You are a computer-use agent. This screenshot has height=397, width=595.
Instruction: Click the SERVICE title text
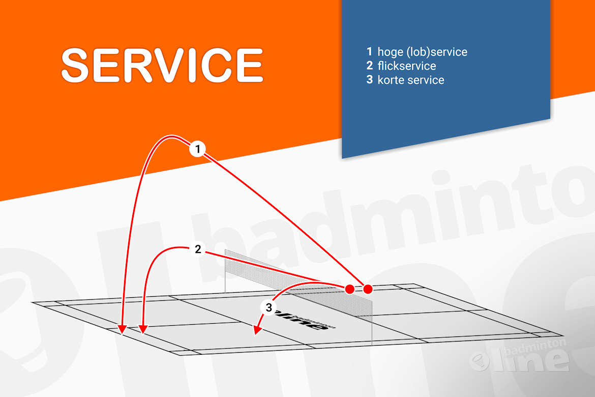pyautogui.click(x=162, y=65)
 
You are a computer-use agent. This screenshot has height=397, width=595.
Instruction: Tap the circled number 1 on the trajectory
pyautogui.click(x=197, y=149)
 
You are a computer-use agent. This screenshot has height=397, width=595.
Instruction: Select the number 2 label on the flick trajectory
pyautogui.click(x=198, y=249)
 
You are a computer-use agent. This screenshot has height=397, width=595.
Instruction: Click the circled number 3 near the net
pyautogui.click(x=269, y=307)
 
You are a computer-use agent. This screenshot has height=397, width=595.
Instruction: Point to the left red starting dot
pyautogui.click(x=349, y=289)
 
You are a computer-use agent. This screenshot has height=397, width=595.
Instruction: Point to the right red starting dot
pyautogui.click(x=368, y=289)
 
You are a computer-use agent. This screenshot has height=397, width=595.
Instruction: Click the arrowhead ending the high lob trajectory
pyautogui.click(x=122, y=330)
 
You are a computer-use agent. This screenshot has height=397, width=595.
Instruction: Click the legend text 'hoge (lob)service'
pyautogui.click(x=422, y=52)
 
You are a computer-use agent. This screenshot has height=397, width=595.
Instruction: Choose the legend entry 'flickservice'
pyautogui.click(x=406, y=66)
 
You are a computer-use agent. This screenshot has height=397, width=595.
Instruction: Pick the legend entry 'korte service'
pyautogui.click(x=410, y=80)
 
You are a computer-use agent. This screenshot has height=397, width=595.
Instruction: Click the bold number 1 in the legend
pyautogui.click(x=370, y=52)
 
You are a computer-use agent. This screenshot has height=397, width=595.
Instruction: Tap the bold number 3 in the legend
pyautogui.click(x=370, y=80)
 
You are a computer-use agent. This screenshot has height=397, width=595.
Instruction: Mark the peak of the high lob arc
pyautogui.click(x=170, y=137)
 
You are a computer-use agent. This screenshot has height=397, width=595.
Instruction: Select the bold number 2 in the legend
pyautogui.click(x=370, y=66)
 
